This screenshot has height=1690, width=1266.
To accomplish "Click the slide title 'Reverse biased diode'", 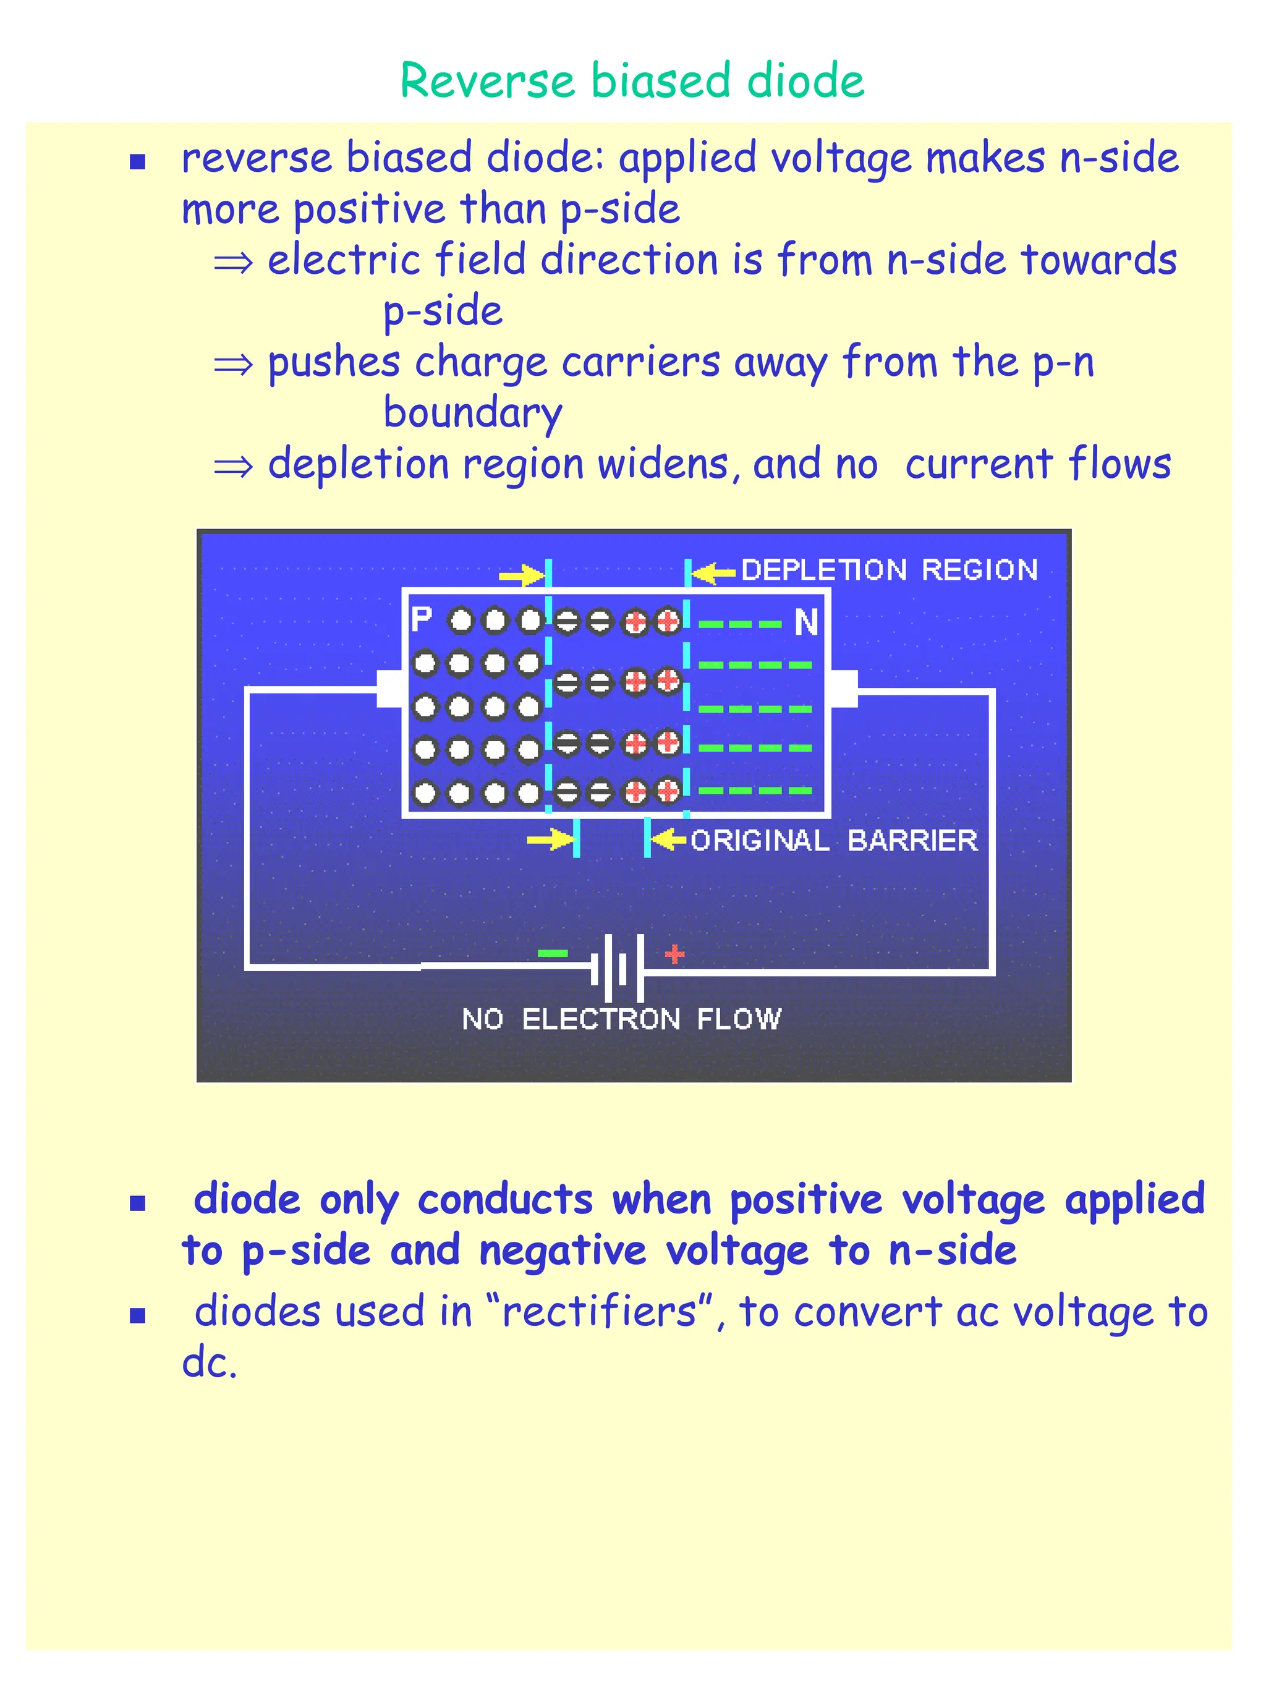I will click(x=632, y=80).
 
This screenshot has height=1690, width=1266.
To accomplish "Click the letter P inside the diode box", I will click(x=421, y=619).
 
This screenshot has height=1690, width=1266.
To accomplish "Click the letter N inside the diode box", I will click(x=806, y=622).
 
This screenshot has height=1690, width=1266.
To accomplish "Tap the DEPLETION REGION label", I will click(x=890, y=570).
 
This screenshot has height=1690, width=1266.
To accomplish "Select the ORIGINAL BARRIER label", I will click(x=833, y=841).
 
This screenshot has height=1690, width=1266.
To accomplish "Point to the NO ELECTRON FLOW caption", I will click(x=621, y=1019).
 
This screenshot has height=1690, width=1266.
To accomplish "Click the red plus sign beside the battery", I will click(x=674, y=954).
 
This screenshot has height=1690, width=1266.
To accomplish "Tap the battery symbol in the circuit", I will click(x=618, y=967).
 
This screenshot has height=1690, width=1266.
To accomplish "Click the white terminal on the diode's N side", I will click(x=844, y=689).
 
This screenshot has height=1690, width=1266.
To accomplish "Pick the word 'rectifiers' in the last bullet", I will click(x=600, y=1311).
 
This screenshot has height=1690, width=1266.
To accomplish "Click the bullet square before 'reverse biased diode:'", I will click(x=137, y=161).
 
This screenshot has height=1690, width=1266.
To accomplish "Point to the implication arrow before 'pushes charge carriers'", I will click(x=233, y=365).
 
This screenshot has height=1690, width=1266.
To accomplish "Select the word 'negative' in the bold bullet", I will click(x=563, y=1251).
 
